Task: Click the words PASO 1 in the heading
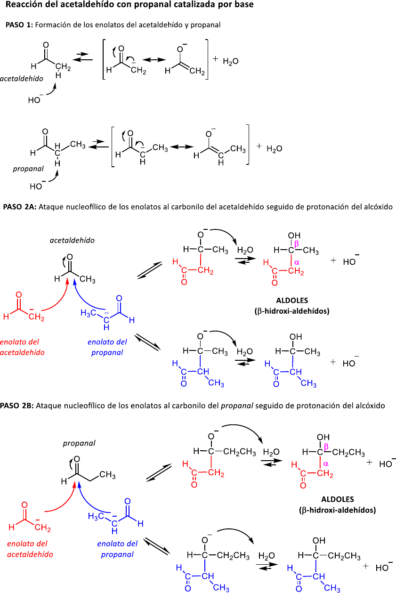tap(18, 24)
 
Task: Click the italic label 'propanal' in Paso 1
tap(28, 168)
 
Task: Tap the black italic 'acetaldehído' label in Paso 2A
tap(72, 240)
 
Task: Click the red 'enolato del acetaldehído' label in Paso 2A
tap(20, 347)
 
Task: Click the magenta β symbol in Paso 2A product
tap(296, 243)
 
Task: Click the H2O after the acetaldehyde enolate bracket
tap(231, 61)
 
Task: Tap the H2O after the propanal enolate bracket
tap(275, 149)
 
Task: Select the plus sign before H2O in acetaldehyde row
tap(215, 59)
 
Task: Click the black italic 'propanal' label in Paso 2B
tap(79, 443)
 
